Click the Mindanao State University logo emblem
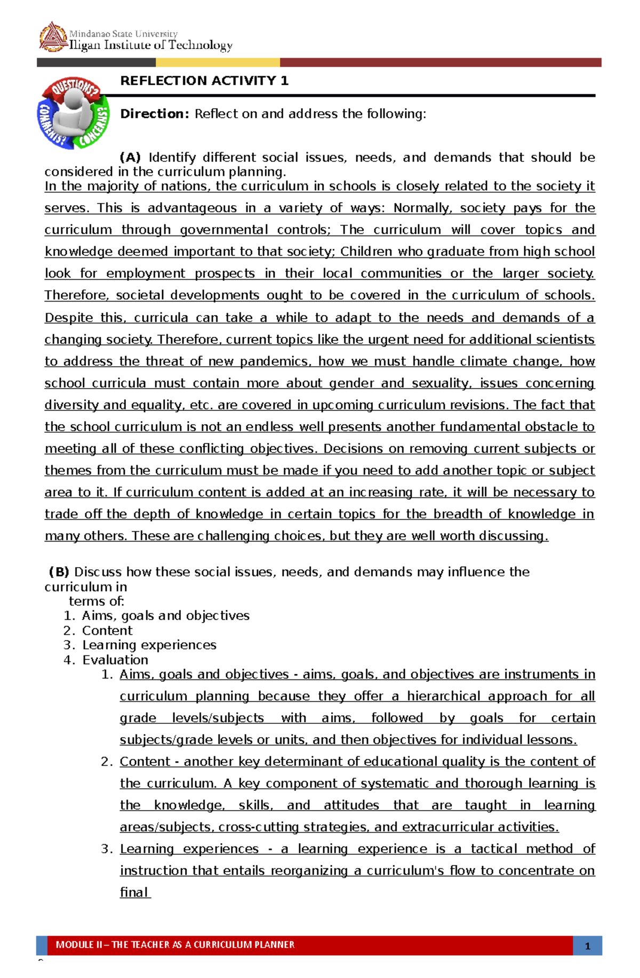point(53,37)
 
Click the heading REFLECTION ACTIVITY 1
point(204,80)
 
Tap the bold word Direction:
point(155,114)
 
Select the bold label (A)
point(130,157)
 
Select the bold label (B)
point(59,572)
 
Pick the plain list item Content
point(107,631)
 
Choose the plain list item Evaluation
point(115,660)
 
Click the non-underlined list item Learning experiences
point(149,645)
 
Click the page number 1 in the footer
point(587,946)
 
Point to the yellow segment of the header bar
point(217,62)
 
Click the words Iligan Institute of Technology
point(151,46)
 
